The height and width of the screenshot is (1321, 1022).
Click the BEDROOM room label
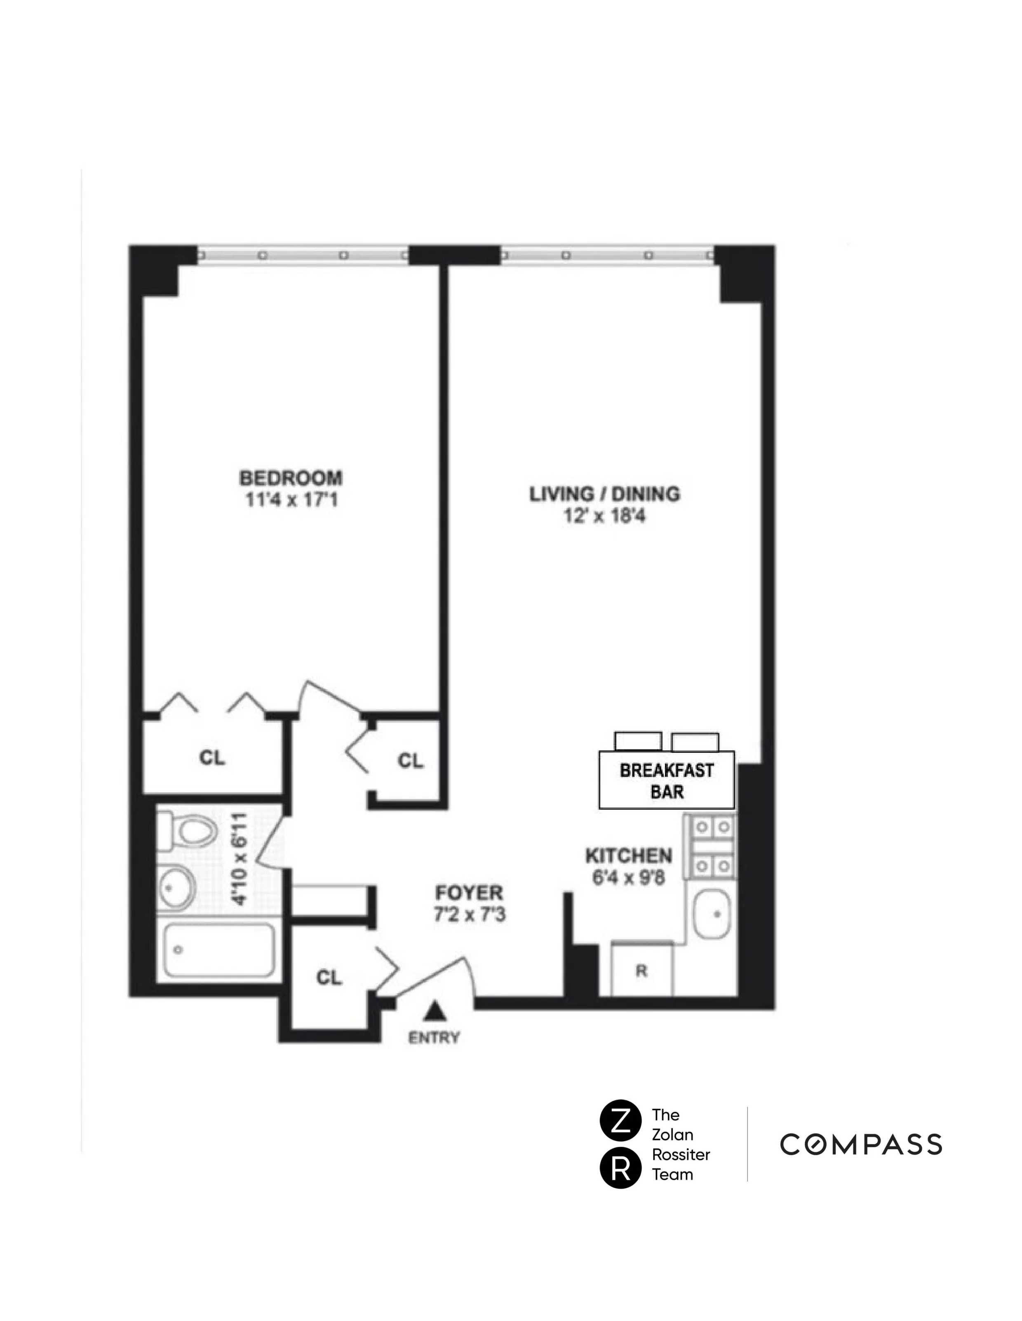291,478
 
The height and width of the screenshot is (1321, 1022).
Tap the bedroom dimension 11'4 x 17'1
291,500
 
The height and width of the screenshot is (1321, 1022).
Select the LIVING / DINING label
605,494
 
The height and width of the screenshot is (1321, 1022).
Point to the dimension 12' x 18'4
605,516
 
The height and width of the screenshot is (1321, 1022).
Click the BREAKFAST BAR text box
666,780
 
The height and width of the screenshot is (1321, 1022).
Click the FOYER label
469,893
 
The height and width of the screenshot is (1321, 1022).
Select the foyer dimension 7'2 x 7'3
469,914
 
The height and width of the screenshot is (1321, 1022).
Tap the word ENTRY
434,1038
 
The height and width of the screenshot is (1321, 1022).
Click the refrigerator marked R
641,971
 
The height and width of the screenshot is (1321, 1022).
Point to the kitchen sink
712,914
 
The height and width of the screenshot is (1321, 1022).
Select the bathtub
219,950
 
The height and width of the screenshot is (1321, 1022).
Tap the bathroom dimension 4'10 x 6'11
241,859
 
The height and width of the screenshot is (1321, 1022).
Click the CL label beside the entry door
329,978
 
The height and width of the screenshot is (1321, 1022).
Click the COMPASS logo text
860,1145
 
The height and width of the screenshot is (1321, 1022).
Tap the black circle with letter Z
620,1121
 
